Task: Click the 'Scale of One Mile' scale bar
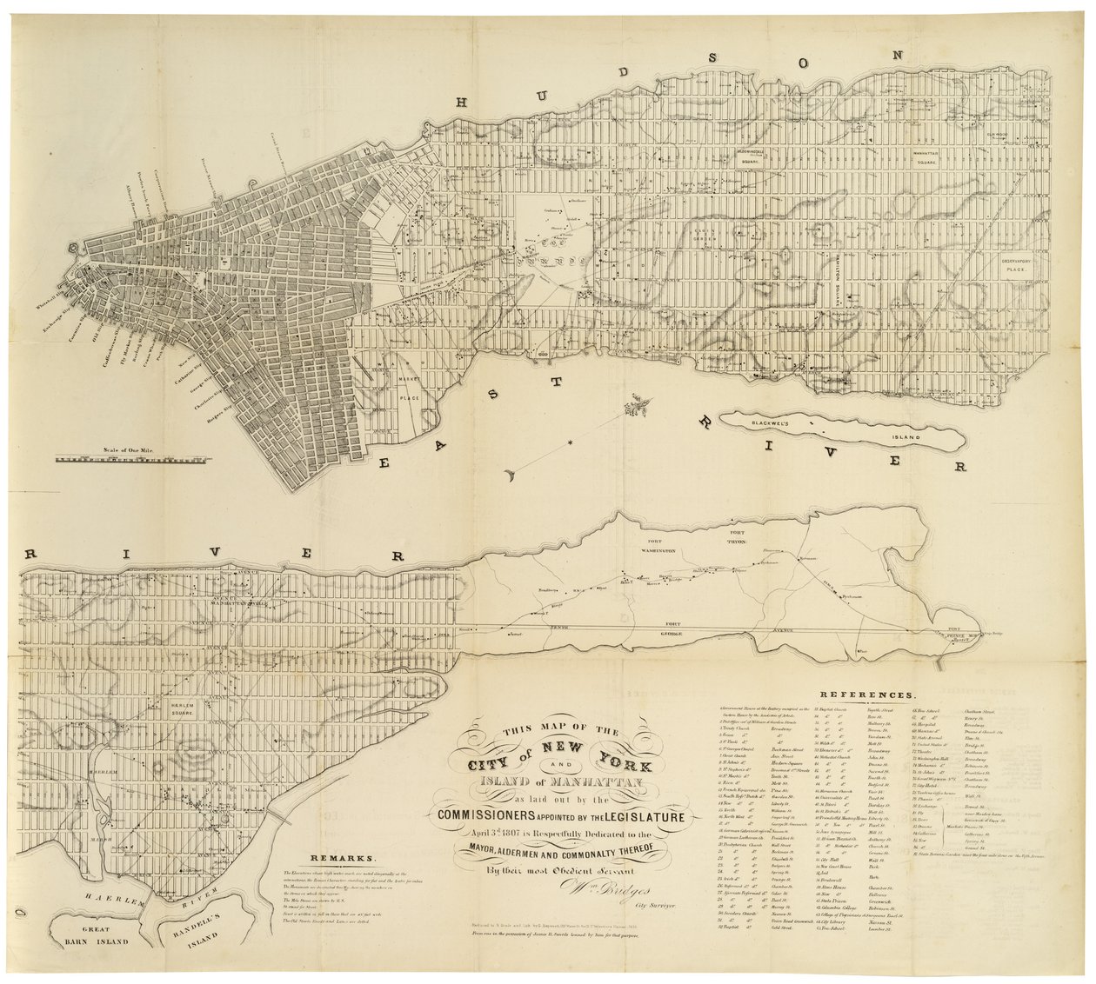[130, 457]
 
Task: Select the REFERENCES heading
[866, 695]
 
